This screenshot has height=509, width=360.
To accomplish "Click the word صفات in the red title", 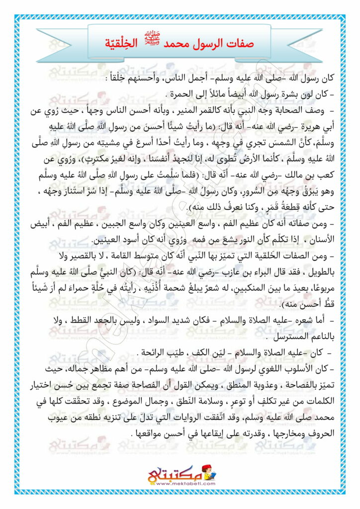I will (239, 43).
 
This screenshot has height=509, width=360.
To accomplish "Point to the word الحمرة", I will (182, 94).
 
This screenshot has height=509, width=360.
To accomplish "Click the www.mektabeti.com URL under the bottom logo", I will (181, 484).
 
